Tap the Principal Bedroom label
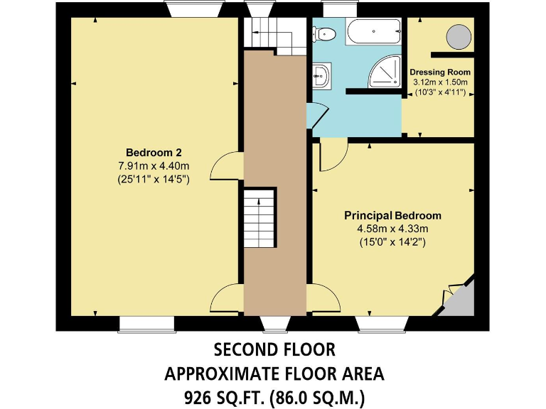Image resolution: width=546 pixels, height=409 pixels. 392,215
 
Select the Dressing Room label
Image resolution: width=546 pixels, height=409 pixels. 439,72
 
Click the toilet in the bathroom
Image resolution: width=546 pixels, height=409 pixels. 328,31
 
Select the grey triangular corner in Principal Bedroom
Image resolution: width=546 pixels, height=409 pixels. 461,298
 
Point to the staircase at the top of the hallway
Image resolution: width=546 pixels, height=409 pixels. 267,35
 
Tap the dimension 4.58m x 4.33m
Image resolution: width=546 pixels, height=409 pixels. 392,229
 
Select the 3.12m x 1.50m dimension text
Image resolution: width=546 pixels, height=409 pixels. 439,83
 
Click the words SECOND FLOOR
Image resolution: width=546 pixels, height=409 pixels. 274,350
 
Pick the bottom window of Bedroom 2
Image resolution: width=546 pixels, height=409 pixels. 146,324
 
